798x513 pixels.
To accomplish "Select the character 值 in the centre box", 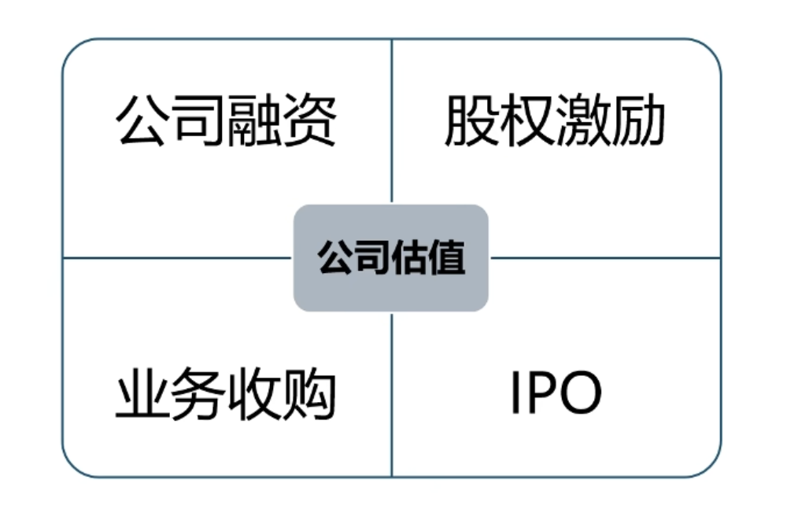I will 447,257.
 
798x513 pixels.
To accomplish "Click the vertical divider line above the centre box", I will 392,118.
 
